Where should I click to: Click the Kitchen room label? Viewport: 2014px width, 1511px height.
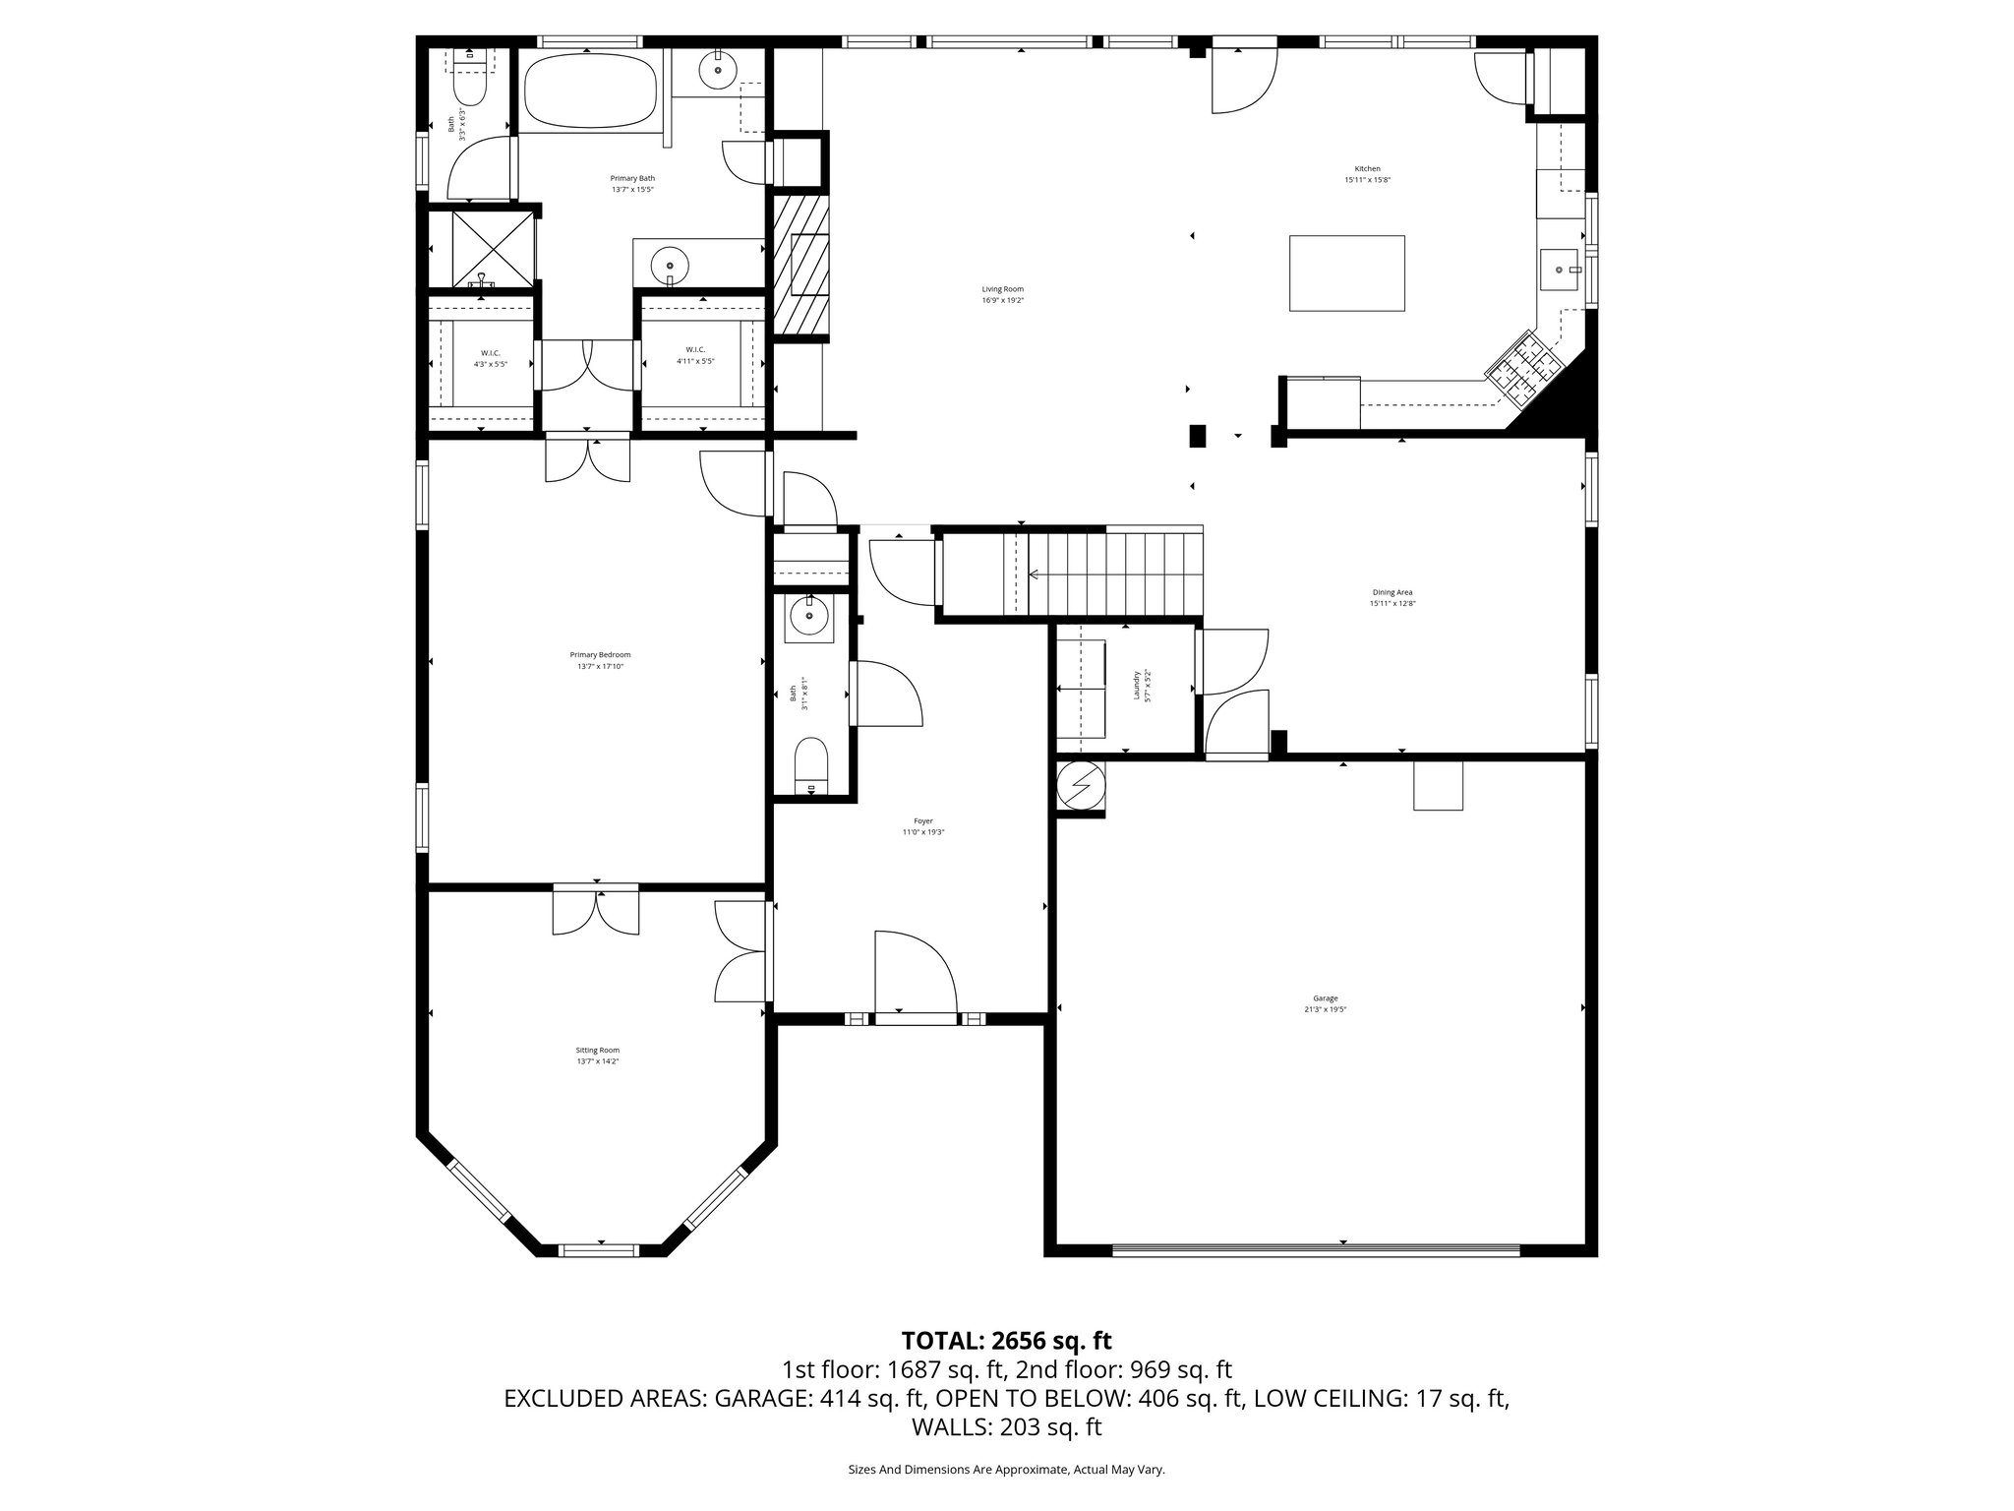click(1367, 169)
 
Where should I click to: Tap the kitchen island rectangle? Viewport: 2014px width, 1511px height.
click(1346, 272)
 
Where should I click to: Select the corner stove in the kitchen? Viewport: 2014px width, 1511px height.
click(1523, 370)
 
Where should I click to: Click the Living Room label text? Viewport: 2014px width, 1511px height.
click(1002, 289)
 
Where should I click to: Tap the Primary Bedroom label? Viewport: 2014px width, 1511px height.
click(600, 655)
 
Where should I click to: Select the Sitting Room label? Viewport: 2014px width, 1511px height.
click(598, 1051)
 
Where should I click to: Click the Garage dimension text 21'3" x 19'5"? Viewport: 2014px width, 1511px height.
click(1325, 1009)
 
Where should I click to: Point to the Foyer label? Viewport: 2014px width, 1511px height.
click(922, 820)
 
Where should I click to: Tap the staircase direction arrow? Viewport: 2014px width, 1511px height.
click(1036, 574)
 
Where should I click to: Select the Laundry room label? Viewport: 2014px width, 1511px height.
click(1137, 685)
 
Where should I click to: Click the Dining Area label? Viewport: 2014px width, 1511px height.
click(1392, 592)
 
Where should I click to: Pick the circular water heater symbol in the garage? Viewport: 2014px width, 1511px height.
click(1081, 787)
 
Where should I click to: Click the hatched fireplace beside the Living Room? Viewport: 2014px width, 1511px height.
click(800, 265)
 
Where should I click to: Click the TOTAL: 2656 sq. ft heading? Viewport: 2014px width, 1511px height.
click(1006, 1340)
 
